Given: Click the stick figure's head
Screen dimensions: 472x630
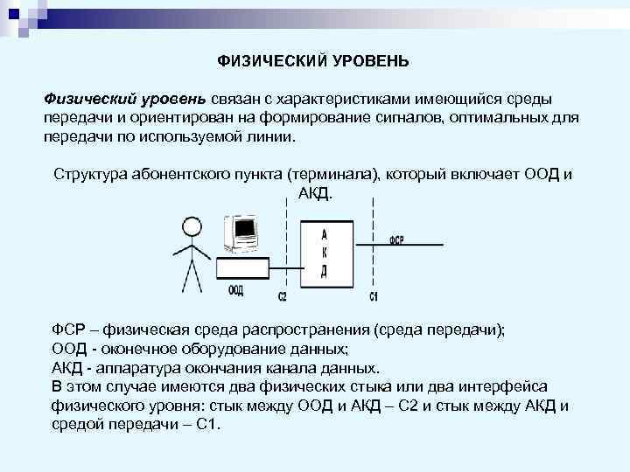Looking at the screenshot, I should [x=191, y=226].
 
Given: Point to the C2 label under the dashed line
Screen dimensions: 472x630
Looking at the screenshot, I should [x=283, y=297].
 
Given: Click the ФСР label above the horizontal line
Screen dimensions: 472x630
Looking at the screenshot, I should [x=397, y=239].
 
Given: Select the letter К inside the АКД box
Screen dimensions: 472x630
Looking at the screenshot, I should [x=324, y=253].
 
